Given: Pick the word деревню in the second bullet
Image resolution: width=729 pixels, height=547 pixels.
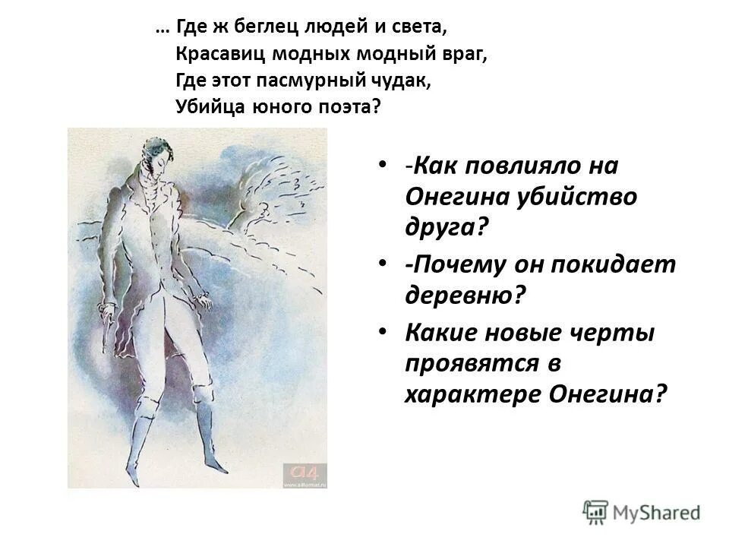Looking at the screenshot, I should (464, 295).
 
